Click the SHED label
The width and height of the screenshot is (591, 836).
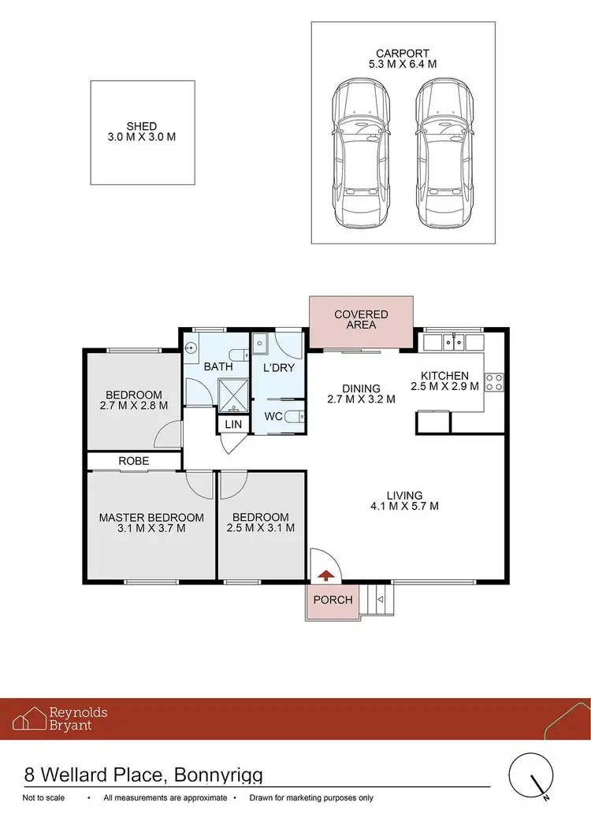[142, 126]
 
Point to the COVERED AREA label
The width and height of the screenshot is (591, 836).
[361, 320]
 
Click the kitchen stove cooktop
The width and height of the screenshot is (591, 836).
[494, 382]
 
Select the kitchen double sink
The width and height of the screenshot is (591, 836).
[452, 341]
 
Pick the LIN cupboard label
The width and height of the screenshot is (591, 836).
[233, 425]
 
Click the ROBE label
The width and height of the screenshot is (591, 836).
[134, 461]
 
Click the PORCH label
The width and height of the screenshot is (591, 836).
[333, 600]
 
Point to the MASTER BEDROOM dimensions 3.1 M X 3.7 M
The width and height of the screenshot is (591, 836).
[151, 529]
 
